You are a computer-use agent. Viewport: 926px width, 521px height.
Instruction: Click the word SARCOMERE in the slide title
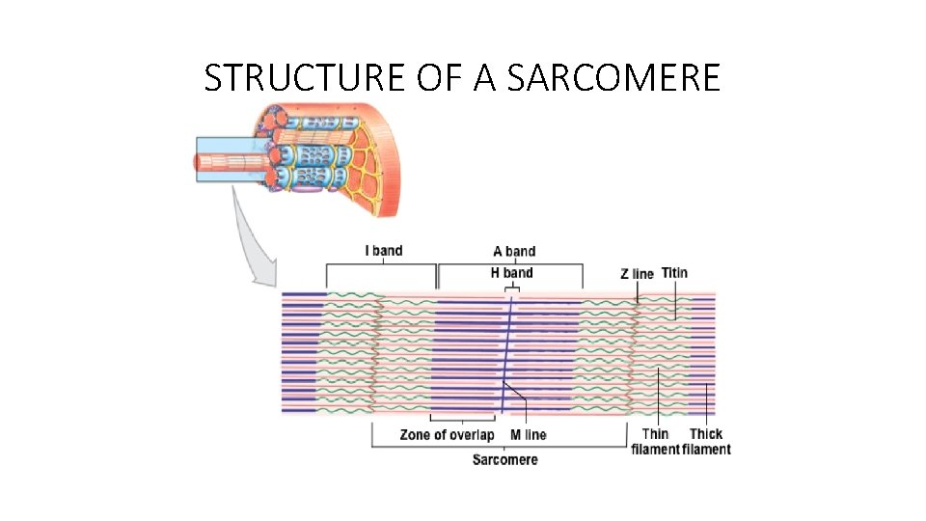tap(613, 78)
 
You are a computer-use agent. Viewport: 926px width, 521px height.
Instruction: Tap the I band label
tap(383, 251)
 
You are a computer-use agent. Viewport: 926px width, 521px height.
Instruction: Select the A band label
tap(514, 252)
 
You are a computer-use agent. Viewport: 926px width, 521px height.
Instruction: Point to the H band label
tap(511, 272)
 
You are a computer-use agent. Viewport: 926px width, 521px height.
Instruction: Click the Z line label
tap(637, 274)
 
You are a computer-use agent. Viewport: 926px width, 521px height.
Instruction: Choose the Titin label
tap(675, 273)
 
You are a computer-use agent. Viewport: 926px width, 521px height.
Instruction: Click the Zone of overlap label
tap(447, 435)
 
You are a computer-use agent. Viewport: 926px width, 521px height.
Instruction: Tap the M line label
tap(528, 435)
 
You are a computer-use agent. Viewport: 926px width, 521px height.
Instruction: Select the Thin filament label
tap(656, 442)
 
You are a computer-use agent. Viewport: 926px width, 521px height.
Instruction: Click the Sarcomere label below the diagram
tap(504, 459)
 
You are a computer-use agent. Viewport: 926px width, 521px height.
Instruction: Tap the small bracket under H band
tap(512, 287)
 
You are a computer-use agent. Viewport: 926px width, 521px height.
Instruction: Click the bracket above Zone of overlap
tap(462, 419)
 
